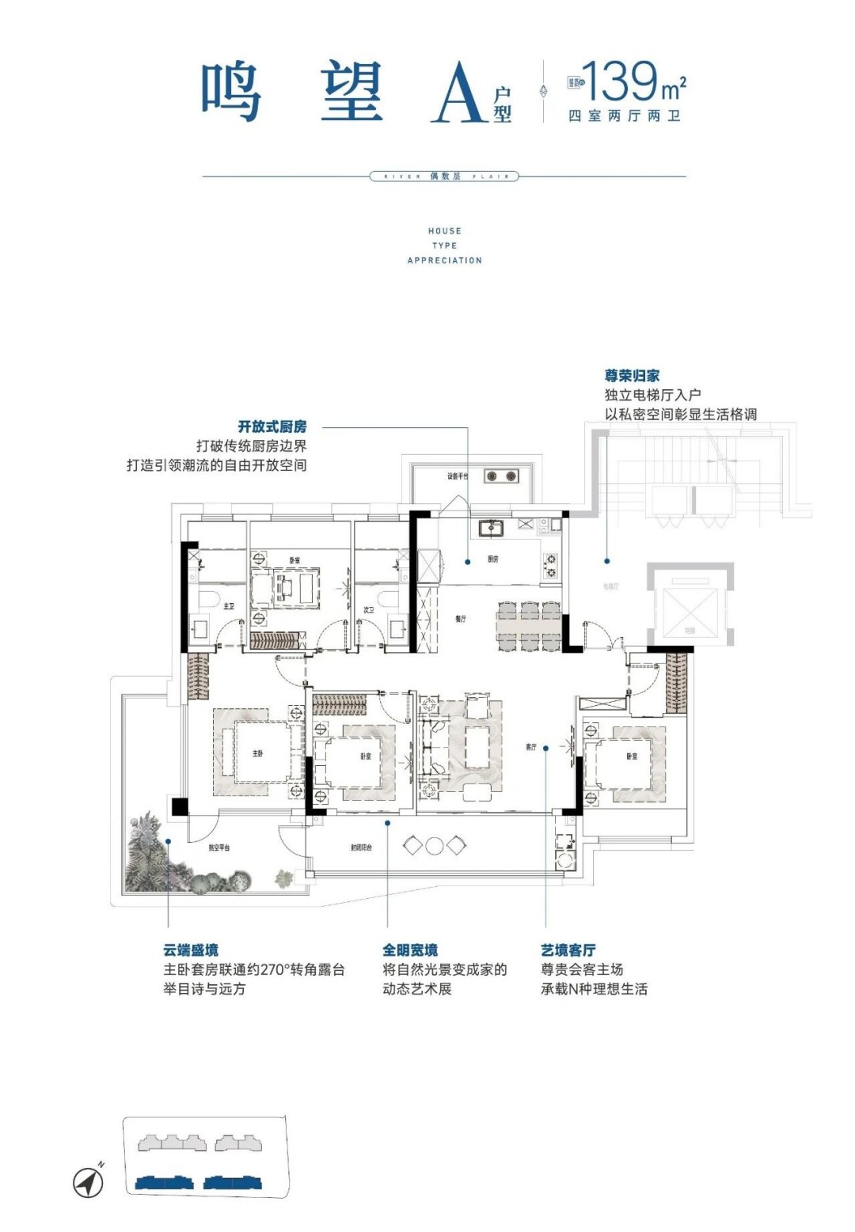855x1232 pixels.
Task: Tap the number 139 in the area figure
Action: (620, 82)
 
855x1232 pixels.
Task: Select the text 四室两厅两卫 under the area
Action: (625, 116)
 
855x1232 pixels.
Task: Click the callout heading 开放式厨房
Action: (272, 426)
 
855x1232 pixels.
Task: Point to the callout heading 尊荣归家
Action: (632, 376)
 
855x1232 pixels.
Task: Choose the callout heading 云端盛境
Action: (191, 950)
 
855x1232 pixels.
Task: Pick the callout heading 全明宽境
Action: (410, 950)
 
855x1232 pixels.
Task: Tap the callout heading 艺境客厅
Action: (568, 950)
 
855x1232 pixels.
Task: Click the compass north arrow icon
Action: (89, 1182)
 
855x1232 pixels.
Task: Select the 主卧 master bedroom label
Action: (258, 753)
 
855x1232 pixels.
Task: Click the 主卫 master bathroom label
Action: (229, 606)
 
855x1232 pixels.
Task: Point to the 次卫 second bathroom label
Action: (368, 610)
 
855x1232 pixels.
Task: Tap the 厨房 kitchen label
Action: (493, 559)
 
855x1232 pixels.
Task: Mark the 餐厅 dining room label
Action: (461, 619)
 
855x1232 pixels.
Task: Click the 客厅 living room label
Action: (530, 747)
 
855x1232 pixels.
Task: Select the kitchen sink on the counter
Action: (491, 528)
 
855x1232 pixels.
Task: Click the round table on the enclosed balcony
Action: (434, 846)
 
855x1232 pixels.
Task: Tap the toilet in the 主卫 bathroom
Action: (207, 598)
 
